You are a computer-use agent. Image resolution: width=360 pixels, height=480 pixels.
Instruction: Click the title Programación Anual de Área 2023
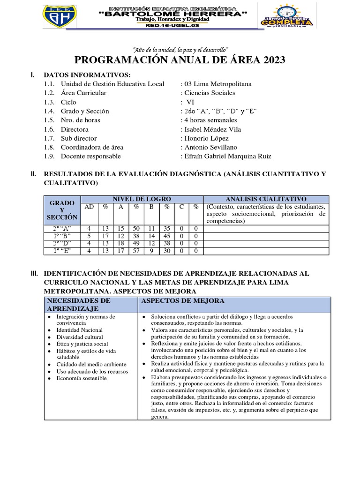[x=180, y=60]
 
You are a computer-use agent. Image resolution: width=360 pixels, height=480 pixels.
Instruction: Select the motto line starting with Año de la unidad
[x=180, y=49]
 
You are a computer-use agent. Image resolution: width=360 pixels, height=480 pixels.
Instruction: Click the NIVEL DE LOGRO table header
[x=142, y=199]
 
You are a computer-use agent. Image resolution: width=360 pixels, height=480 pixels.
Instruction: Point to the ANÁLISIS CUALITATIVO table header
[x=266, y=199]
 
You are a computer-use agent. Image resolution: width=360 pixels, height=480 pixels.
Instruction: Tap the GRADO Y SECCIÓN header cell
[x=62, y=210]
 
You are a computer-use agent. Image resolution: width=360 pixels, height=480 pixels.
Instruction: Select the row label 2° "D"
[x=62, y=243]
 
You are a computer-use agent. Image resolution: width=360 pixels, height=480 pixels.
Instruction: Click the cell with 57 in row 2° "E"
[x=137, y=251]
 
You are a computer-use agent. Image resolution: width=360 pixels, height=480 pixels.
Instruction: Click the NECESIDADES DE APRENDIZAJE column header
[x=78, y=304]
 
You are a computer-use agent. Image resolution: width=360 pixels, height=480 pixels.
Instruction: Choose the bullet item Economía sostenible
[x=82, y=378]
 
